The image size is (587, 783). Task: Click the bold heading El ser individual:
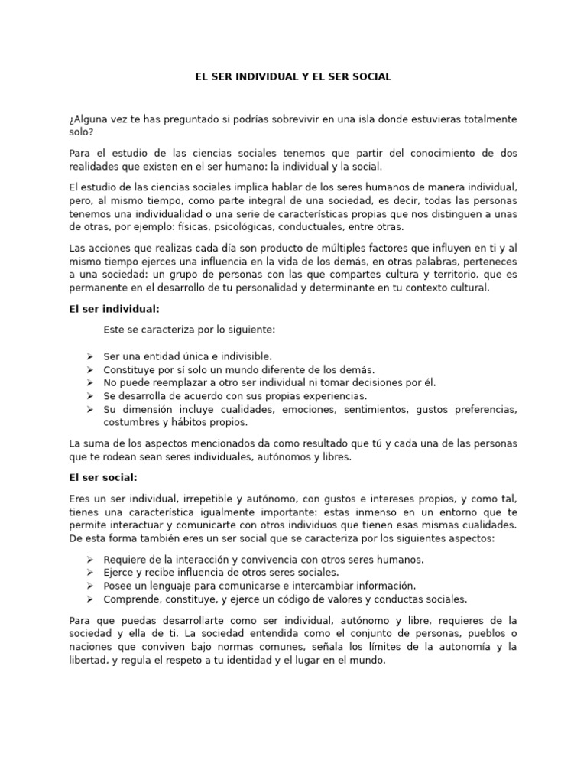[114, 309]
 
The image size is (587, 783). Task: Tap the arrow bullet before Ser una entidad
[90, 356]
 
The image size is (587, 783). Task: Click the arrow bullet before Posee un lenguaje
[90, 586]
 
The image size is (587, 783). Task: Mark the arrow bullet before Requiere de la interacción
[90, 560]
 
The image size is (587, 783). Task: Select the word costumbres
[131, 422]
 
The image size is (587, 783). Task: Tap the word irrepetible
[187, 499]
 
